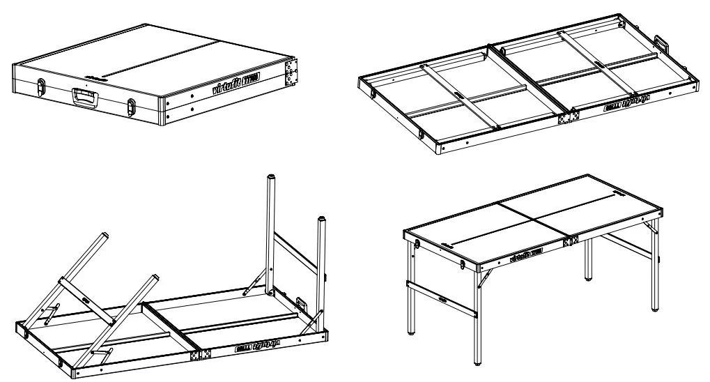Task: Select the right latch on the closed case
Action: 132,106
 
